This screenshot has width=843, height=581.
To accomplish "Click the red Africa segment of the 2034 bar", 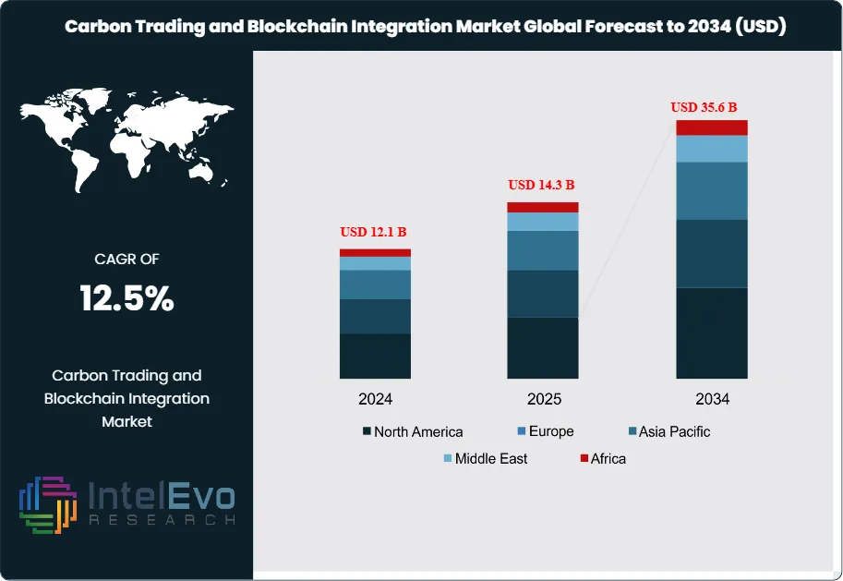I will [711, 127].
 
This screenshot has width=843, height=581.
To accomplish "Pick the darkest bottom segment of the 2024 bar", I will [375, 356].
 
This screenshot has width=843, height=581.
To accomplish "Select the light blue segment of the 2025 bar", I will [542, 222].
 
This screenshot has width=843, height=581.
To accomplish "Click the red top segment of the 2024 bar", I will [375, 252].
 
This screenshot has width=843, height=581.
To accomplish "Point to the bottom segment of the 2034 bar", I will [711, 333].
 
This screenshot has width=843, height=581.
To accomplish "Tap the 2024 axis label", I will [375, 399].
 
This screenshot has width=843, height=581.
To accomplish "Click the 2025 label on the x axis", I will [543, 399].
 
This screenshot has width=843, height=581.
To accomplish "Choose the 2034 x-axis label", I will [712, 399].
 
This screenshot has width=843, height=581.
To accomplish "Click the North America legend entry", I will [412, 431].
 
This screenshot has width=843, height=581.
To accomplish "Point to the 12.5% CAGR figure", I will [126, 298].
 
